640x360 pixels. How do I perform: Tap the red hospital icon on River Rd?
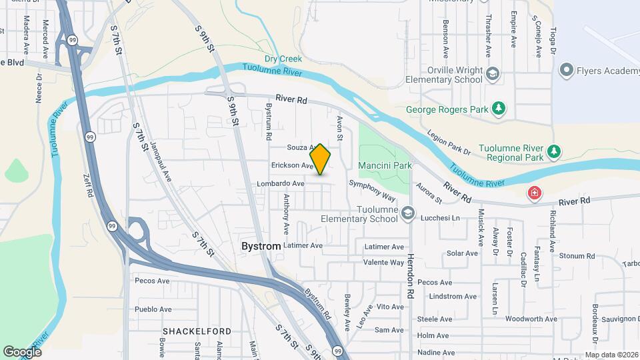point(534,194)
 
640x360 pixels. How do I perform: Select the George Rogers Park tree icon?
point(498,109)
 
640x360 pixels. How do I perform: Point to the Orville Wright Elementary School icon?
point(493,73)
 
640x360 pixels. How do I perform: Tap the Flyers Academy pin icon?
point(567,69)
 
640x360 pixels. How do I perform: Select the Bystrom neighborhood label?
point(261,246)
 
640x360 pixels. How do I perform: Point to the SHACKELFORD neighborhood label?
point(197,331)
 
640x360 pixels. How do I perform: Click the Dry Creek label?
point(279,59)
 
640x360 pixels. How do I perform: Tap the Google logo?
point(22,351)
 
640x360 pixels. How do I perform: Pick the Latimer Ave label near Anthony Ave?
point(303,245)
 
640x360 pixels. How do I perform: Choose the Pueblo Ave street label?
point(153,309)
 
